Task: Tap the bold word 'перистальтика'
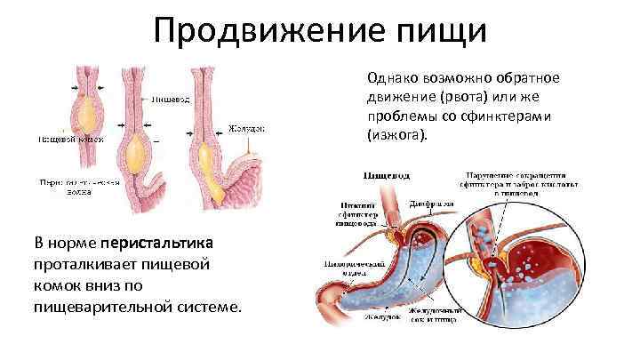157,244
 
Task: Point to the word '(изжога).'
396,135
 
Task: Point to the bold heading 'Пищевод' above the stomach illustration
378,174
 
